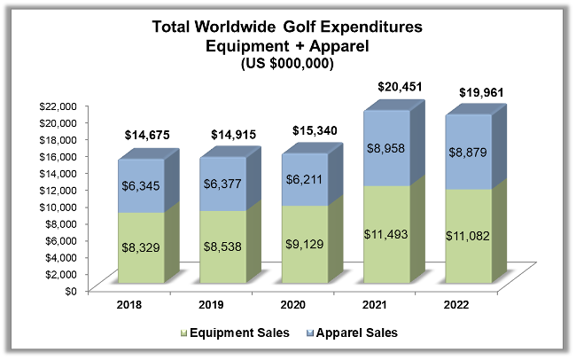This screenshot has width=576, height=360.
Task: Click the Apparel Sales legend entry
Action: click(x=351, y=333)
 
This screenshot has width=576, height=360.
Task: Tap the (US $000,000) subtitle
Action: click(x=288, y=65)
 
